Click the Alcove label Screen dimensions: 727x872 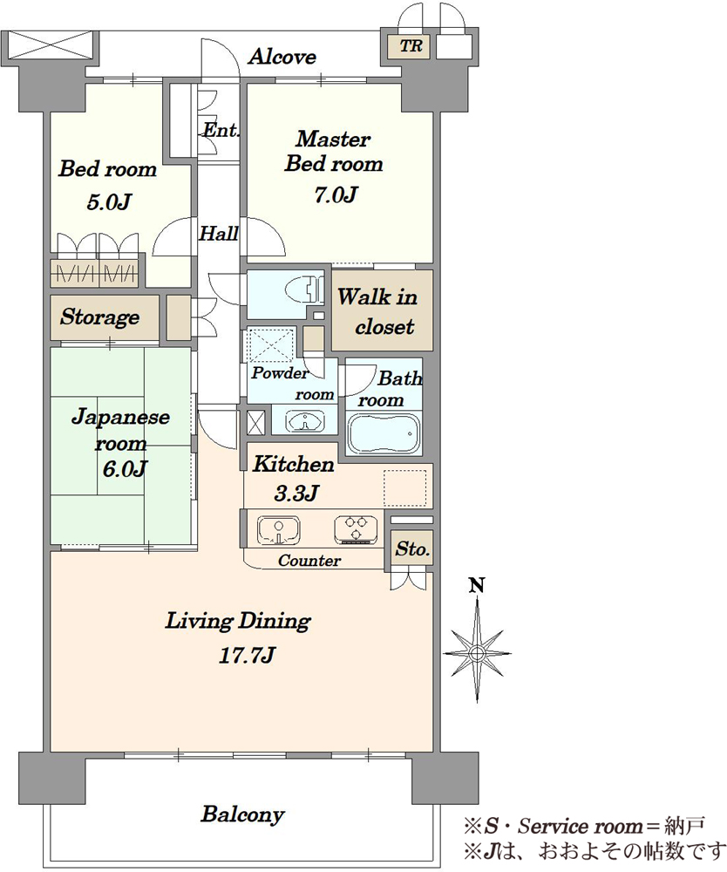(x=282, y=56)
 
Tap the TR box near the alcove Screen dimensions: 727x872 (x=411, y=45)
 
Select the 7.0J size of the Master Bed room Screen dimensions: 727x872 (x=336, y=194)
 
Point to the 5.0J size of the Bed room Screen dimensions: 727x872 (x=108, y=201)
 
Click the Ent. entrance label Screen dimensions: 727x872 (x=220, y=130)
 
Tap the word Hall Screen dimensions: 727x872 (x=219, y=233)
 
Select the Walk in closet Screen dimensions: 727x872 (x=383, y=310)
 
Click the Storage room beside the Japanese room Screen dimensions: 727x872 (x=105, y=317)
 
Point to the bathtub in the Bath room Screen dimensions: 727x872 (x=383, y=433)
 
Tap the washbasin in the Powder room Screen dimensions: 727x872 (x=305, y=420)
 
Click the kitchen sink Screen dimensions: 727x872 (x=278, y=530)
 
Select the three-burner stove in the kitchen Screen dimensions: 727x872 (x=357, y=529)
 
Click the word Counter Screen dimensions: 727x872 (x=309, y=560)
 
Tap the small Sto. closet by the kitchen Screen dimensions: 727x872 (x=411, y=548)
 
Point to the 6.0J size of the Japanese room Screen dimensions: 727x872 (x=125, y=469)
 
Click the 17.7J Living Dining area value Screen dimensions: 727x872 (x=246, y=655)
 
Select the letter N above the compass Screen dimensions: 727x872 (x=477, y=585)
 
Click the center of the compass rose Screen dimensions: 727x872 (x=477, y=652)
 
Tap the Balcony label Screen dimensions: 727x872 (x=243, y=814)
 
